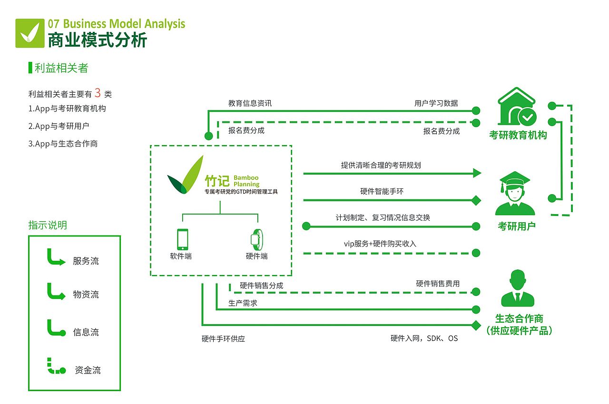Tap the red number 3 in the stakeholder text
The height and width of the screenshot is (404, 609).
pos(98,92)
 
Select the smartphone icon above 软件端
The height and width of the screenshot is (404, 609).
pos(182,239)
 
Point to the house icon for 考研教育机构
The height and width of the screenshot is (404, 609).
pos(517,106)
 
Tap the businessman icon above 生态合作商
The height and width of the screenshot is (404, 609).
pos(518,288)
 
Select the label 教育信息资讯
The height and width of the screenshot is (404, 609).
pos(250,103)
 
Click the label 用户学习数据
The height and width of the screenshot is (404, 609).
pos(436,103)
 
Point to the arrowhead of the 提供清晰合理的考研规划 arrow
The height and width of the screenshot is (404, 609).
pos(477,173)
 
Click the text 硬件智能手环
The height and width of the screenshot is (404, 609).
pos(382,191)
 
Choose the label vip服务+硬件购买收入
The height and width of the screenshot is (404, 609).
pos(380,244)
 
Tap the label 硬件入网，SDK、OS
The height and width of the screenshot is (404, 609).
pos(424,338)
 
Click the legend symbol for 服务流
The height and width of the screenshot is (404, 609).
pos(55,258)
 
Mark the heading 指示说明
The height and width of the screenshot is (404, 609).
pos(48,225)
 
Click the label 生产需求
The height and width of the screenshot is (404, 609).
pos(243,303)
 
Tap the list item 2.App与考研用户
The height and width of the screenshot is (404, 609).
pos(59,126)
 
